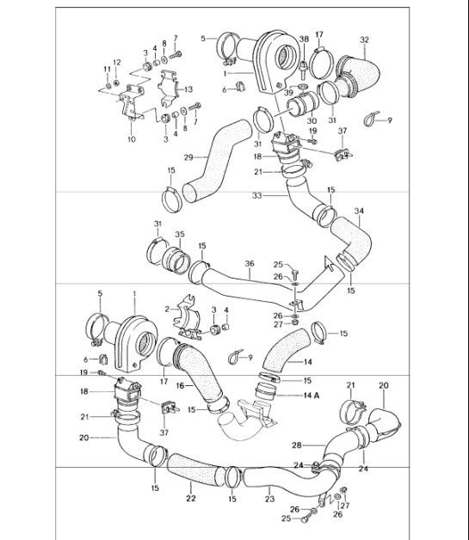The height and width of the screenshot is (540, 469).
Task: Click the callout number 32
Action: (364, 40)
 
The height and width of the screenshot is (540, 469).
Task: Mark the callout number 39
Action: (288, 92)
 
